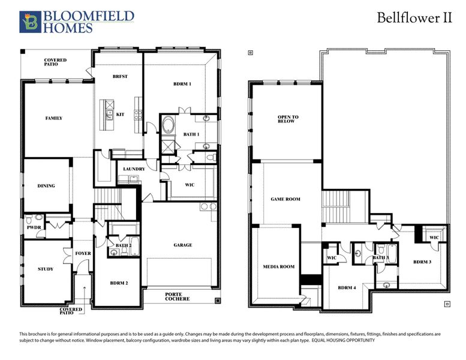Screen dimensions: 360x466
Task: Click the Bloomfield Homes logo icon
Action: point(29,21)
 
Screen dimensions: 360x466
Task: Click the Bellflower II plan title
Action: point(414,17)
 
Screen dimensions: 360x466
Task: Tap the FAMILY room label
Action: point(54,118)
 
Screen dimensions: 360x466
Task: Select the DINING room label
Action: point(46,186)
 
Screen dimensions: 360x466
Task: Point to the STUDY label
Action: point(45,269)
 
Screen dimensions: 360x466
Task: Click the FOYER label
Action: point(83,253)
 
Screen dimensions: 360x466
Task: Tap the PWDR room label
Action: point(32,228)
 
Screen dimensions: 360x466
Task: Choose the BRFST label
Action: point(120,77)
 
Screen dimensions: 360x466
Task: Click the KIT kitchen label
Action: point(120,115)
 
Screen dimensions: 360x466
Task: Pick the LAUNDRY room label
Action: point(134,169)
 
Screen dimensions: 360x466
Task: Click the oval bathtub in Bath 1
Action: point(169,127)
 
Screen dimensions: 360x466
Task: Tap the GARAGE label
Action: point(183,245)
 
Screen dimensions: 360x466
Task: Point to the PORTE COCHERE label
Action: point(178,296)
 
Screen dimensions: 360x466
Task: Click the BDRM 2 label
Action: point(119,283)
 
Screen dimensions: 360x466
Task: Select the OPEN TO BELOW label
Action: point(288,119)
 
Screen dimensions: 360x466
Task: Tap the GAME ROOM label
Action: point(285,199)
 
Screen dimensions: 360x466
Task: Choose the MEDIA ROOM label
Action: point(279,266)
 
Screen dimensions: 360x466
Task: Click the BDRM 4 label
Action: point(347,288)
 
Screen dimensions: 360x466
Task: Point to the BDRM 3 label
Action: point(423,262)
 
